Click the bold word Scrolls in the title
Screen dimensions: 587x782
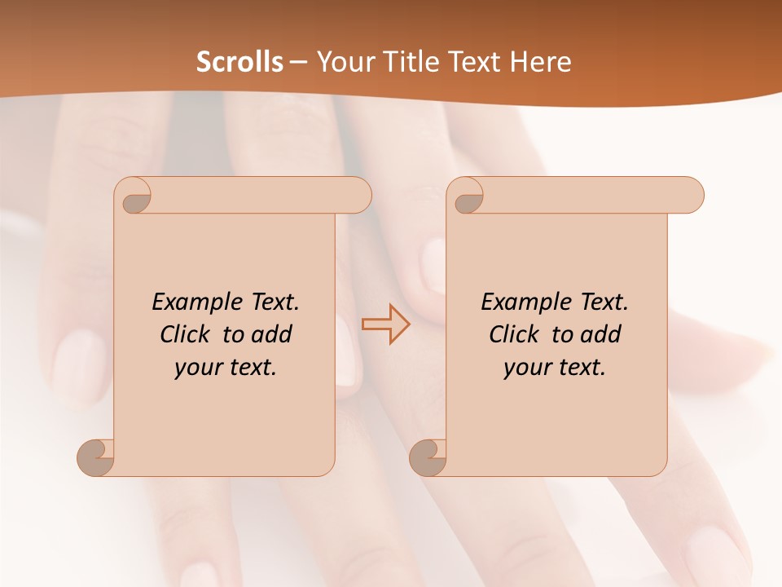coord(240,62)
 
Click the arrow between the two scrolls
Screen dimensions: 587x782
coord(385,324)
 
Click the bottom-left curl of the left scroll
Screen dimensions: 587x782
coord(96,457)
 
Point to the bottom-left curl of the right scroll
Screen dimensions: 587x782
coord(428,457)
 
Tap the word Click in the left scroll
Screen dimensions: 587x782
coord(187,334)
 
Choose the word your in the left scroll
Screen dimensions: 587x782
coord(197,368)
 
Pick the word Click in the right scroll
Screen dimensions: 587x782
coord(516,334)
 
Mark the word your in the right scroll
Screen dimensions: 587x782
coord(526,368)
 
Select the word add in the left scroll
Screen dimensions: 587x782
coord(272,334)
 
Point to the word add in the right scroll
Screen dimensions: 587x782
coord(601,334)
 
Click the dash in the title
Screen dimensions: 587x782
coord(299,62)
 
